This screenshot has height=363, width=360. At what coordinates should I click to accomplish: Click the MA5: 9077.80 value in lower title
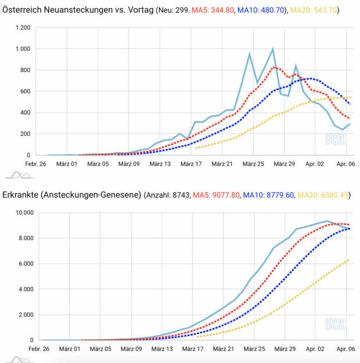coord(218,195)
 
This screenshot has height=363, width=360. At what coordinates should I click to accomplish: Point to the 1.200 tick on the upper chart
coord(23,28)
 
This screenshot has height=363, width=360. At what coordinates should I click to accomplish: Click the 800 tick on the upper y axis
coord(25,70)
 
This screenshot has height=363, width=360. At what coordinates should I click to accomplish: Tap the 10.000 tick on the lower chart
coord(21,213)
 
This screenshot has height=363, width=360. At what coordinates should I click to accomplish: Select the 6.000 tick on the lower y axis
coord(23,264)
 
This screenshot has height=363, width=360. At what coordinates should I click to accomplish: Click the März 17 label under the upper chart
coord(190,164)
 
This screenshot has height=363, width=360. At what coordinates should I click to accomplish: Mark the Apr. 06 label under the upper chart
coord(345,164)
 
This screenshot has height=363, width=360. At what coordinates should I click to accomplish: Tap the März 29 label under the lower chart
coord(283,350)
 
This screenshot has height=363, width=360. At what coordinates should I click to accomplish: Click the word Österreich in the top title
coord(23,11)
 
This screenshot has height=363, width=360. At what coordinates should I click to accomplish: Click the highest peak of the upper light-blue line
coord(273,49)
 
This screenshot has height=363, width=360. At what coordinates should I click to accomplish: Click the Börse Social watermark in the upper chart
coord(334,139)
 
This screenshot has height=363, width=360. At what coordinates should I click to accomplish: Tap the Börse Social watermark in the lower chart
coord(334,324)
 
